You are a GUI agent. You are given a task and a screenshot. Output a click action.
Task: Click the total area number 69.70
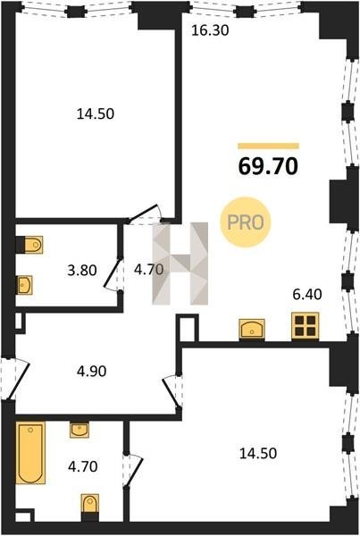[x=268, y=166]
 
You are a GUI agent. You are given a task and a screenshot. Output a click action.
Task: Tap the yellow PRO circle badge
[x=246, y=222]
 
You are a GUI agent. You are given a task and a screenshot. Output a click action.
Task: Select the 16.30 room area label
[x=210, y=30]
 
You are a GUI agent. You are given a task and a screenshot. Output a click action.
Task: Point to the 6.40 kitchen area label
[x=307, y=294]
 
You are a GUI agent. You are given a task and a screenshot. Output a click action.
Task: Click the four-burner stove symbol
[x=305, y=326]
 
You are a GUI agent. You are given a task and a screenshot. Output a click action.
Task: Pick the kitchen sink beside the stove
[x=252, y=329]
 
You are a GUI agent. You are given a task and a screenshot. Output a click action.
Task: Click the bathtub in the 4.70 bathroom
[x=30, y=452]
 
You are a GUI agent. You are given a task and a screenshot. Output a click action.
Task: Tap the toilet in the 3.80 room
[x=29, y=245]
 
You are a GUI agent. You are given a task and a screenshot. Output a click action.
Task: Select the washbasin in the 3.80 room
[x=25, y=285]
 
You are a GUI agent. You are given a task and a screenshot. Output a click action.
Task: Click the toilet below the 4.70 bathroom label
[x=90, y=507]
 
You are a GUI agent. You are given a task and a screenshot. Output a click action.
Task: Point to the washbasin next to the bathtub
[x=80, y=430]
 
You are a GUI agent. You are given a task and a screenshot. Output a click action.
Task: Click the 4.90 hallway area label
[x=91, y=372]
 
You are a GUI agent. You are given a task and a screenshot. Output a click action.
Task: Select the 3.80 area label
[x=82, y=271]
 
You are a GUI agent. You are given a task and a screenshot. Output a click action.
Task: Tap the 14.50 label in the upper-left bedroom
[x=96, y=113]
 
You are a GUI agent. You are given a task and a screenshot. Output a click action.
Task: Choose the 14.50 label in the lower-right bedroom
[x=258, y=453]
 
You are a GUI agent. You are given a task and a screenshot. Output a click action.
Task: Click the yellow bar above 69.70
[x=268, y=146]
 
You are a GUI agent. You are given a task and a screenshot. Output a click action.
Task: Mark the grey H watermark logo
[x=180, y=264]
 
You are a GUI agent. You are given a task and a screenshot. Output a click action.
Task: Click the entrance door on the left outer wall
[x=15, y=379]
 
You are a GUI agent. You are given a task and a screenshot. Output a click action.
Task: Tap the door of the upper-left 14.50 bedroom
[x=145, y=214]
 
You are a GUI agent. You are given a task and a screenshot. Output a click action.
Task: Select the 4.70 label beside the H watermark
[x=148, y=270]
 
